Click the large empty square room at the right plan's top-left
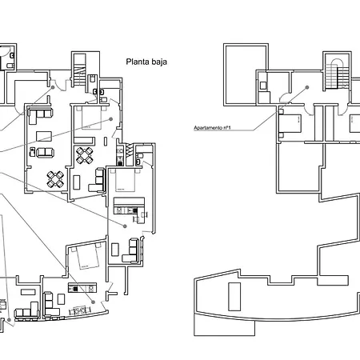pyautogui.click(x=239, y=72)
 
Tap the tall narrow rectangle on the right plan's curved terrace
pyautogui.click(x=234, y=295)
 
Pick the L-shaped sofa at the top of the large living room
pyautogui.click(x=39, y=118)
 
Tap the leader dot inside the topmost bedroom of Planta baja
pyautogui.click(x=109, y=118)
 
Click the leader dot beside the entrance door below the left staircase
pyautogui.click(x=53, y=87)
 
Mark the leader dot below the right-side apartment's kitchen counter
pyautogui.click(x=126, y=226)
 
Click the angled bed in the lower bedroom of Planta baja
pyautogui.click(x=83, y=257)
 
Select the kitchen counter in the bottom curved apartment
pyautogui.click(x=80, y=288)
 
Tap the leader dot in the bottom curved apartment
pyautogui.click(x=94, y=302)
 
